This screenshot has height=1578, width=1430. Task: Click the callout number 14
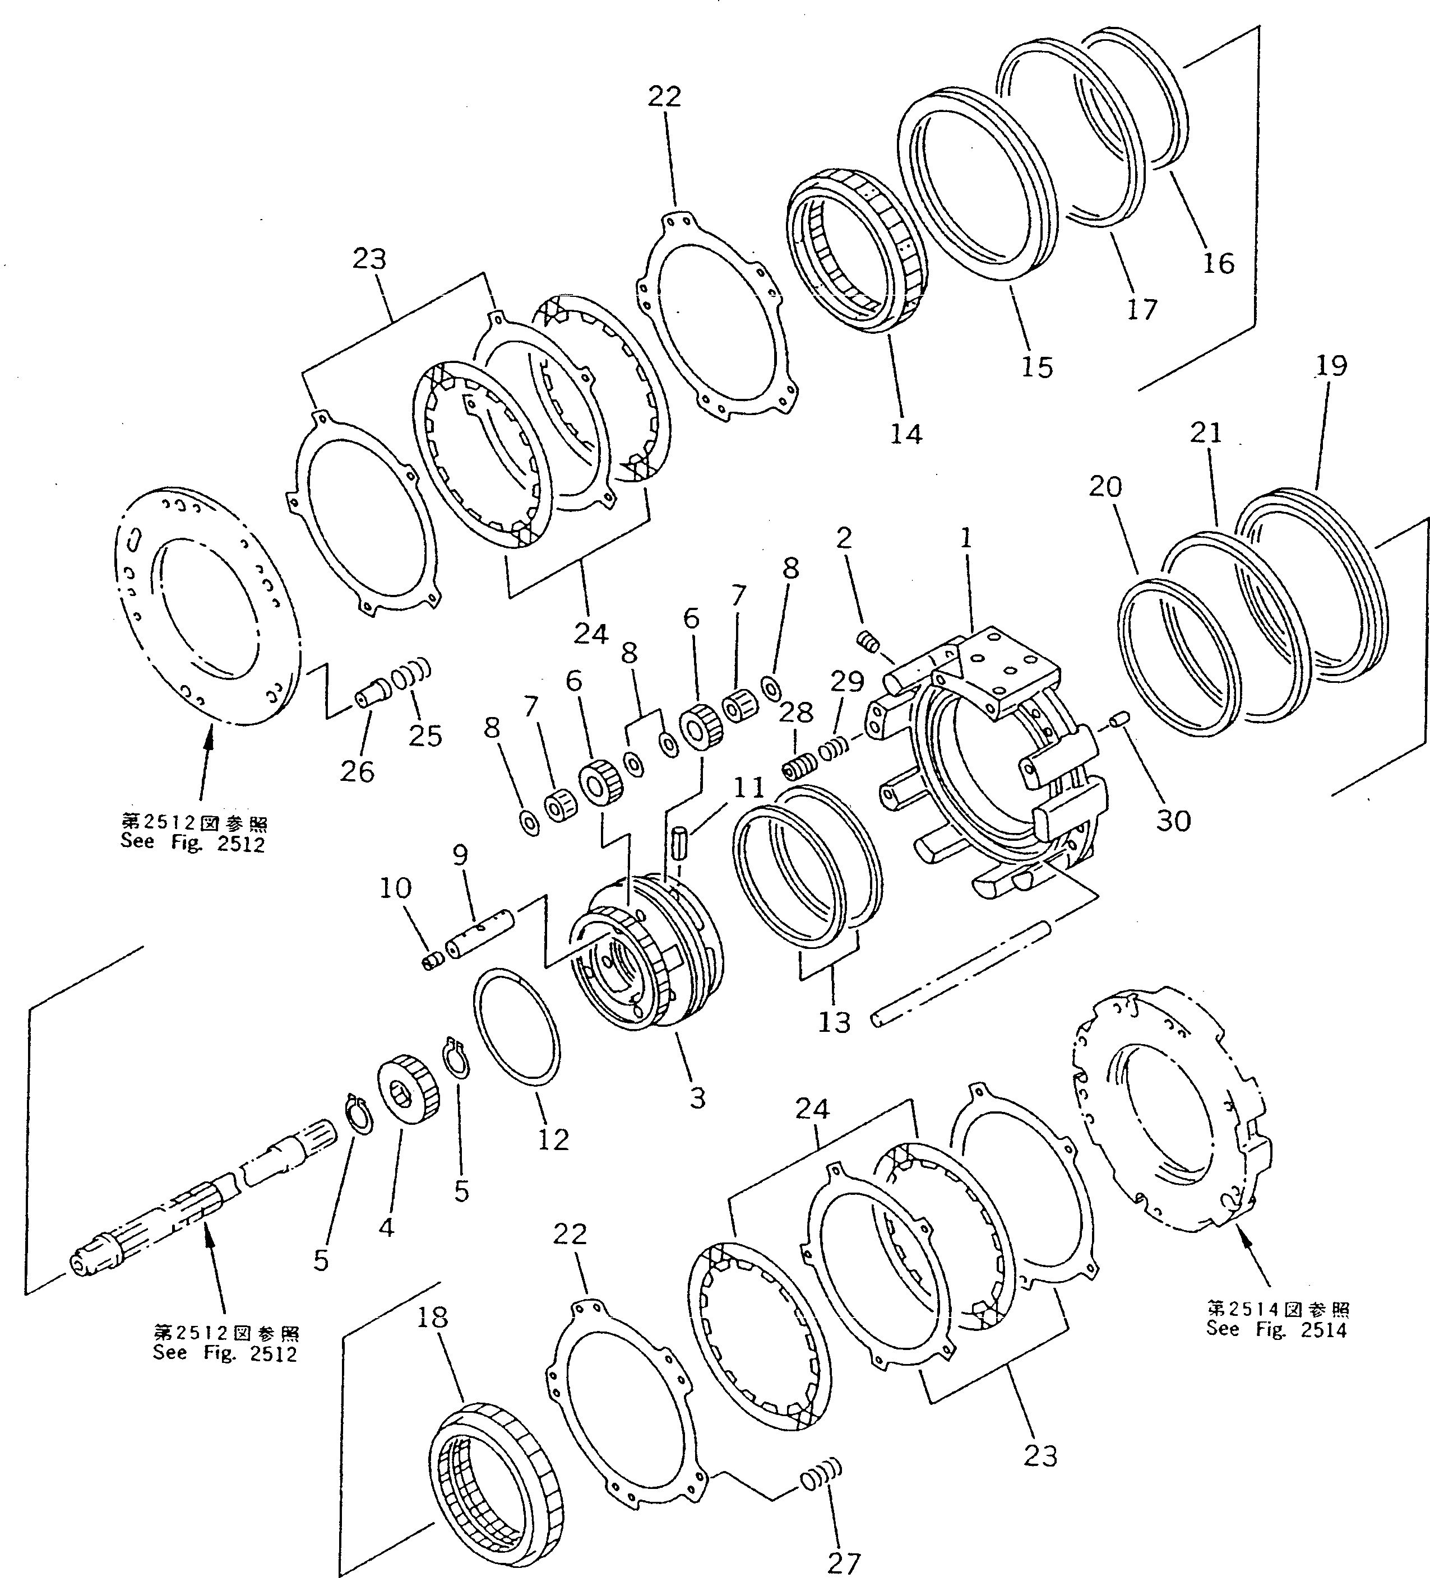(906, 433)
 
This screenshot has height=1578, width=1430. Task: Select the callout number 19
(1331, 366)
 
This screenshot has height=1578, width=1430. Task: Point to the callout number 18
(432, 1318)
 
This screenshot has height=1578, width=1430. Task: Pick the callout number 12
(553, 1139)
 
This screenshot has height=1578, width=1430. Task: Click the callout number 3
(697, 1097)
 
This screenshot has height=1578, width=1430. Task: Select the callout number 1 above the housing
(966, 538)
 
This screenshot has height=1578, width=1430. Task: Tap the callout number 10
(396, 888)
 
